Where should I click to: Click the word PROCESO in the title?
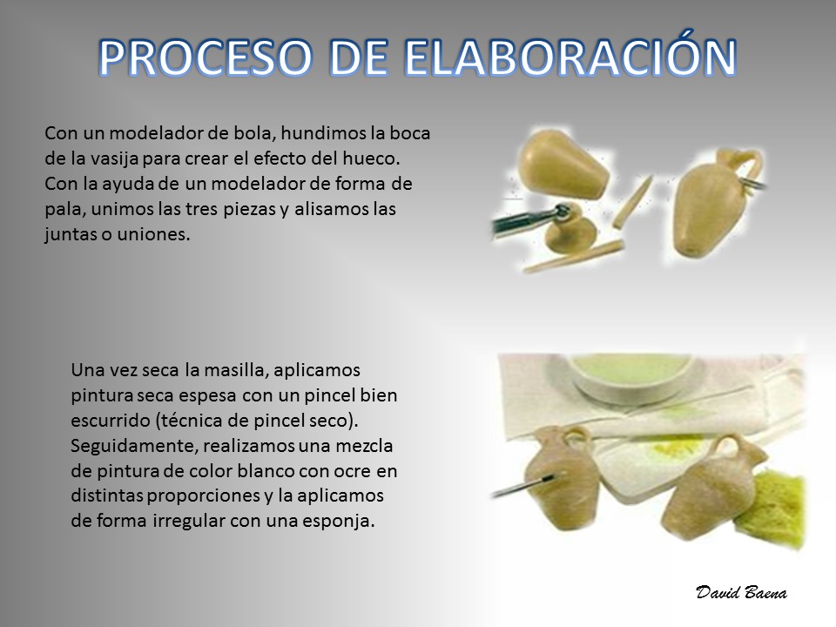pyautogui.click(x=206, y=57)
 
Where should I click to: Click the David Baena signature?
pyautogui.click(x=741, y=592)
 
